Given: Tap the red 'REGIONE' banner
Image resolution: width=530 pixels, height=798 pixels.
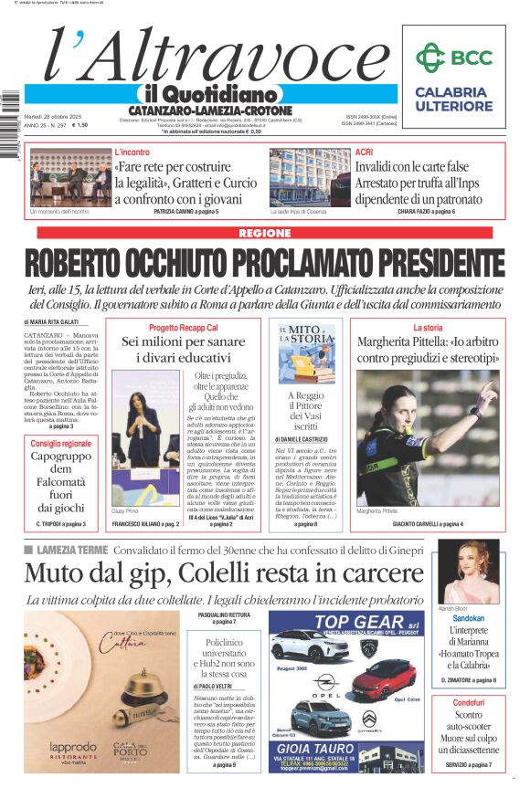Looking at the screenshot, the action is (x=264, y=234).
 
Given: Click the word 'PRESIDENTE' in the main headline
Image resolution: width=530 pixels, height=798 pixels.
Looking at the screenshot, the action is (x=416, y=263).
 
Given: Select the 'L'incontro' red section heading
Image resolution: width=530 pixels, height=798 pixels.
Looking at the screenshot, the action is (x=132, y=152).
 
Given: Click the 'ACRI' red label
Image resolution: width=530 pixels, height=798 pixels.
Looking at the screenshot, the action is (x=364, y=152).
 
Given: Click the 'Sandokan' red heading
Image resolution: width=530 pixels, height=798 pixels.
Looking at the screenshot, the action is (x=469, y=618).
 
